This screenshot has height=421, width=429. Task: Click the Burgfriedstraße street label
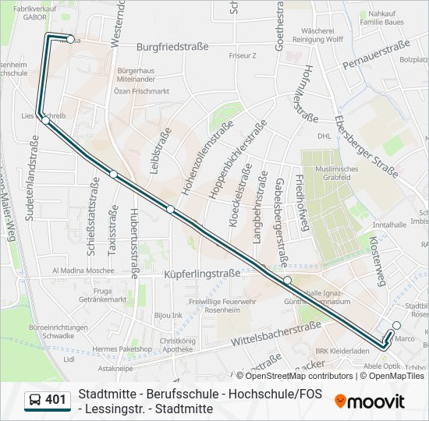point(172,47)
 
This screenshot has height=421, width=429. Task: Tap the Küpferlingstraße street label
point(202,274)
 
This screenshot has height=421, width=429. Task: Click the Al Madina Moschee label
point(83,271)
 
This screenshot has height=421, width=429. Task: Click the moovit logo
point(370,402)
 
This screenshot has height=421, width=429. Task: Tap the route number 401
point(55,400)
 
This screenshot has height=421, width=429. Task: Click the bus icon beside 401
point(34,401)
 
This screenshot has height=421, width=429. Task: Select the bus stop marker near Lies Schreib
point(46,121)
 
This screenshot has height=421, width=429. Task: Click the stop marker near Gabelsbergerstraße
point(287,280)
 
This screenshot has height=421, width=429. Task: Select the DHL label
point(324,135)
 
